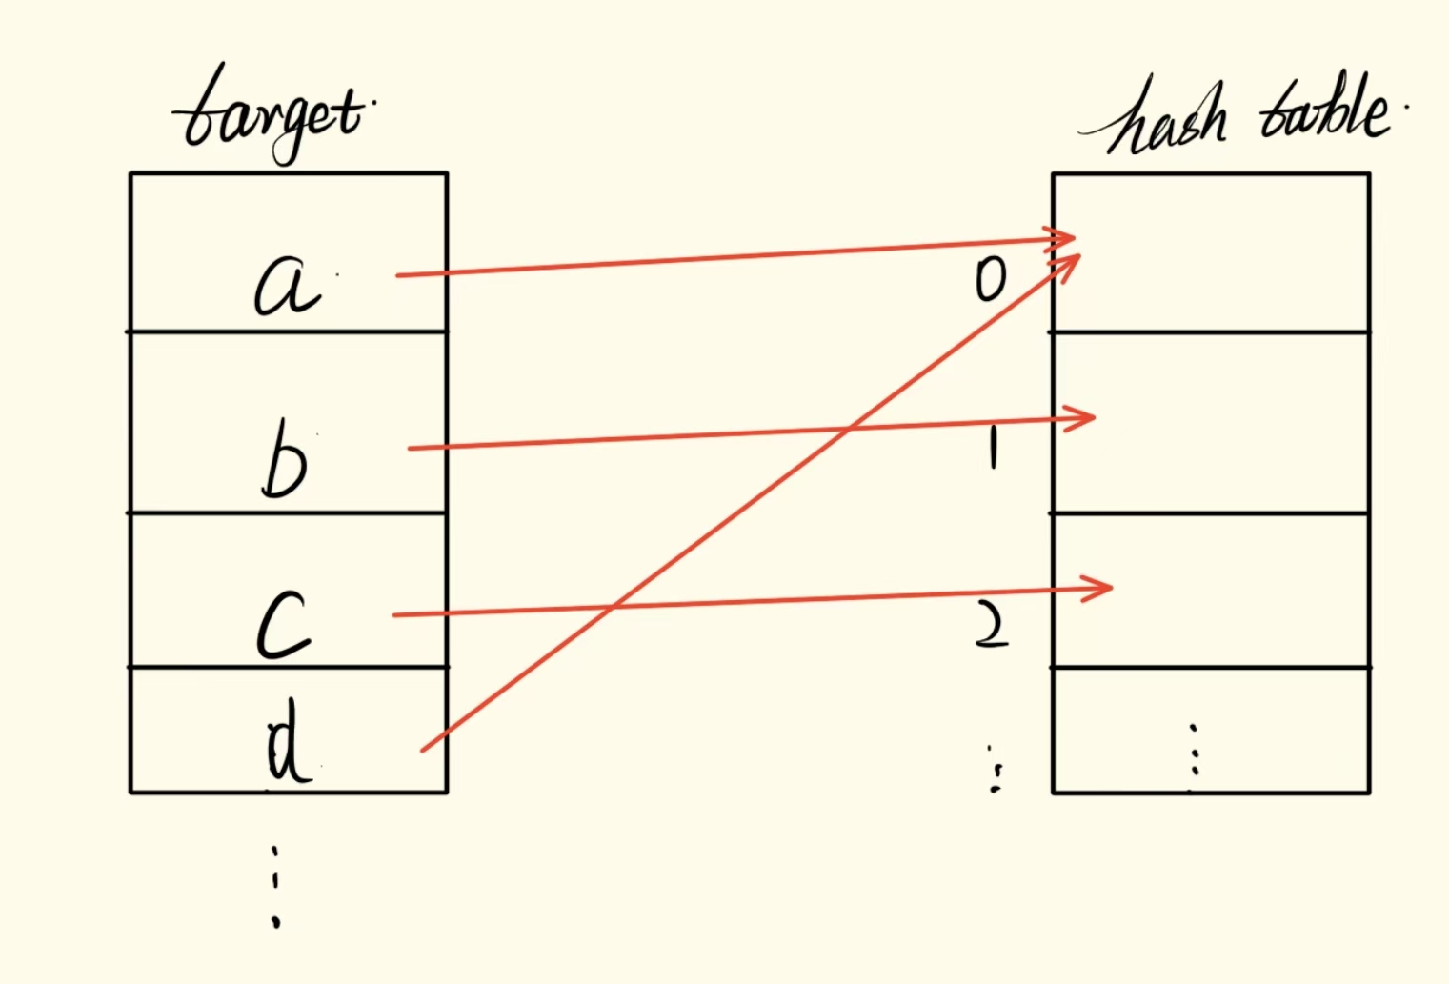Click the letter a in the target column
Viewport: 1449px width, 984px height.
click(x=285, y=287)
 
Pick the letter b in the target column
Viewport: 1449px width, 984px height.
click(x=284, y=465)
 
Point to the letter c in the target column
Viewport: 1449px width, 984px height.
click(x=284, y=625)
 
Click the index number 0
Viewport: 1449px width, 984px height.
click(x=991, y=280)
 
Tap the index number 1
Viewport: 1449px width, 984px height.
click(x=993, y=448)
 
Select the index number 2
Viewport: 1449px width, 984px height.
click(x=992, y=629)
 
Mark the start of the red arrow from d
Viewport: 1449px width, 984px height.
click(x=423, y=750)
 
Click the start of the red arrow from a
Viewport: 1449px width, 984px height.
click(x=398, y=275)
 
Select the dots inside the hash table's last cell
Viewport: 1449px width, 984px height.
click(x=1193, y=757)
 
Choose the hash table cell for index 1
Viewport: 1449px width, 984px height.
click(x=1211, y=423)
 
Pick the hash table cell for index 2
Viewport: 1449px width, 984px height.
click(x=1211, y=591)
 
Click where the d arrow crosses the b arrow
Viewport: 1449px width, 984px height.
click(x=846, y=431)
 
